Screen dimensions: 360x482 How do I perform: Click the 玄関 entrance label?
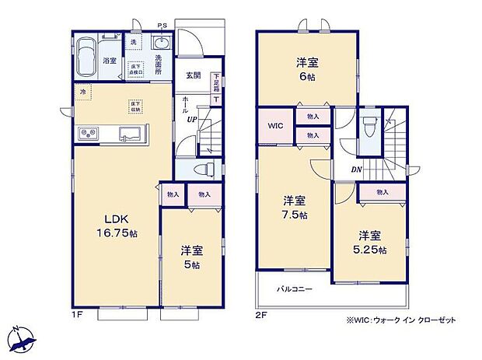click(x=194, y=75)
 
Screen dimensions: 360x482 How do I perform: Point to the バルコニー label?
click(x=295, y=289)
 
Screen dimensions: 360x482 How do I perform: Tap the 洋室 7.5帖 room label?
click(x=295, y=207)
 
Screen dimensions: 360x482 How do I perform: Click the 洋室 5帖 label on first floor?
click(x=192, y=257)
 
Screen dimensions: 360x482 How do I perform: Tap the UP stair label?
click(x=190, y=120)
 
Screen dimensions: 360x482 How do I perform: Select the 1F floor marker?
click(x=78, y=314)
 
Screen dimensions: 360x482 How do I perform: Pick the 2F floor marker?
click(x=262, y=314)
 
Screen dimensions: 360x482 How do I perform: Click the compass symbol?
click(x=21, y=339)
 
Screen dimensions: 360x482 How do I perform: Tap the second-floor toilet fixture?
click(x=369, y=126)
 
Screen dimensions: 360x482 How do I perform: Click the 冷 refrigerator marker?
click(x=83, y=92)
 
